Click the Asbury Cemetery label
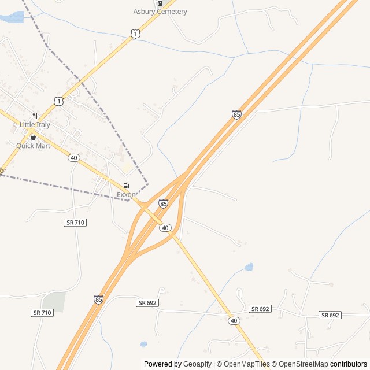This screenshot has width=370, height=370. click(160, 12)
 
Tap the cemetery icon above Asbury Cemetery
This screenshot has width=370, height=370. click(160, 3)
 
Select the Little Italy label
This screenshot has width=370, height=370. click(35, 125)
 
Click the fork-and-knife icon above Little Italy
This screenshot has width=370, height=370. click(35, 116)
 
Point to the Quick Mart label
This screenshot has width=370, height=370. click(33, 146)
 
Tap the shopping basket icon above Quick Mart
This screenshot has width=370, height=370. click(33, 138)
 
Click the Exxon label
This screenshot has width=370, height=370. click(126, 195)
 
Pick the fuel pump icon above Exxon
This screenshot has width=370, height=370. click(126, 186)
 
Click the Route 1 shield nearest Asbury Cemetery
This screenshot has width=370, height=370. click(135, 35)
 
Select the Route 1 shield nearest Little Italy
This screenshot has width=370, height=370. click(58, 101)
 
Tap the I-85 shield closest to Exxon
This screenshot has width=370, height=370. click(163, 203)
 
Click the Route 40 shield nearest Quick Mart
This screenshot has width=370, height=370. click(73, 158)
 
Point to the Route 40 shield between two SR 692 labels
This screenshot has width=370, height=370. click(234, 320)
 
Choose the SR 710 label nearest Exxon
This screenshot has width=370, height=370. click(75, 223)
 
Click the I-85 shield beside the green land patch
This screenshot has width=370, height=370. click(99, 299)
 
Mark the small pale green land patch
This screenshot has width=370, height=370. click(53, 301)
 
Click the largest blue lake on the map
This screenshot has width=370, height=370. click(12, 18)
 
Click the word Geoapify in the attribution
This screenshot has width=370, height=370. click(197, 364)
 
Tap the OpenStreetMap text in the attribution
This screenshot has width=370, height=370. click(303, 364)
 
